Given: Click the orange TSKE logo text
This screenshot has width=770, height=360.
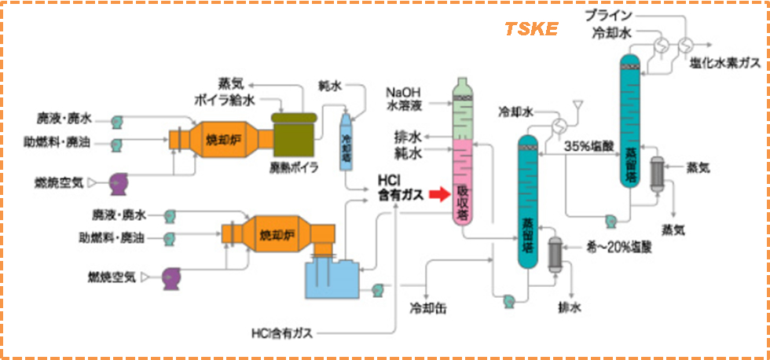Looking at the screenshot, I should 531,29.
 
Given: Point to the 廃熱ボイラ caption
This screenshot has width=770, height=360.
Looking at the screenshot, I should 294,167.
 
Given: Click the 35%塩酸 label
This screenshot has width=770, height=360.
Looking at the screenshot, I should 590,146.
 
